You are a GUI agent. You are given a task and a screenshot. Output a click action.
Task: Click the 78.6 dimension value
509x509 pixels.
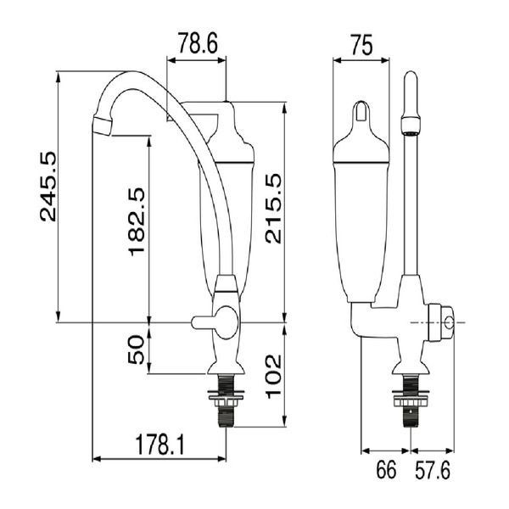(198, 42)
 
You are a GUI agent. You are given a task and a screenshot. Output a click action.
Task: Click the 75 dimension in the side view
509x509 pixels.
(361, 47)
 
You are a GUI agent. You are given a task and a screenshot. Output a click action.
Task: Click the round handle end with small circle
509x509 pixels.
(446, 323)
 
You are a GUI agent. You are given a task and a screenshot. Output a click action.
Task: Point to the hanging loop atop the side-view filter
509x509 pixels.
(362, 111)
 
